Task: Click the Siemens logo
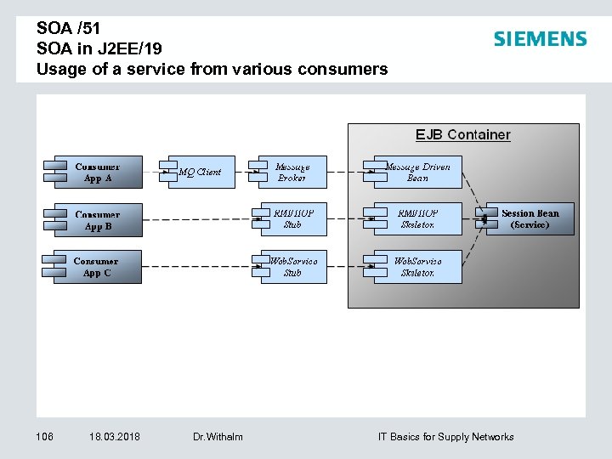540,39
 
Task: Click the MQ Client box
201,172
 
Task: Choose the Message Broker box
292,173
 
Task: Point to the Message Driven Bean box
416,173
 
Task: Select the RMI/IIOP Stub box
292,219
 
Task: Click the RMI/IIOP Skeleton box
416,219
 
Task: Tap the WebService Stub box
292,267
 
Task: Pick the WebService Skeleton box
416,267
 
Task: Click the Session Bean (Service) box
530,219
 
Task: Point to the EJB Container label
462,134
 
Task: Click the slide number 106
44,437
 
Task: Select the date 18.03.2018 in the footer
115,437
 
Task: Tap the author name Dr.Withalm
218,437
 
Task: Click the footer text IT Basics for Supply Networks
445,437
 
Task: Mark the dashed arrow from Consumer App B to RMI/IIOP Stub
195,219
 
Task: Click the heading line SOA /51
69,28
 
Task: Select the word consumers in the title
349,69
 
